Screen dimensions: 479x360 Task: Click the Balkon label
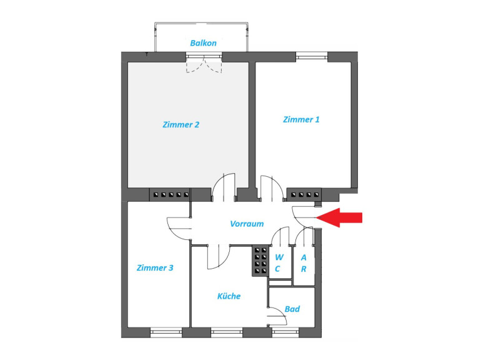pyautogui.click(x=203, y=43)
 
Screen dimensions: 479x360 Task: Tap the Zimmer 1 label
pyautogui.click(x=301, y=119)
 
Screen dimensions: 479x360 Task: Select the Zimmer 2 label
pyautogui.click(x=181, y=124)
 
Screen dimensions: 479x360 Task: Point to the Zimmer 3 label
pyautogui.click(x=155, y=268)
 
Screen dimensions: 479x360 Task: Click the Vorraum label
pyautogui.click(x=247, y=224)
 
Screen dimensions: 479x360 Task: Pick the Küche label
pyautogui.click(x=229, y=296)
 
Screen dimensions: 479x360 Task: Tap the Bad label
pyautogui.click(x=292, y=309)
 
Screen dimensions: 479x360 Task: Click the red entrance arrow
pyautogui.click(x=339, y=217)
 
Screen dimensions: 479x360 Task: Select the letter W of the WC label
pyautogui.click(x=279, y=257)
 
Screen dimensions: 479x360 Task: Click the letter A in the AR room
pyautogui.click(x=304, y=257)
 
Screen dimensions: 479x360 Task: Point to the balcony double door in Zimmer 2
pyautogui.click(x=204, y=64)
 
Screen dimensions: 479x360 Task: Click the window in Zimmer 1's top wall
pyautogui.click(x=312, y=56)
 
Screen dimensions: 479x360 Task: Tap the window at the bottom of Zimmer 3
pyautogui.click(x=166, y=332)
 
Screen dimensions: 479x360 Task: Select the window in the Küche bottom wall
pyautogui.click(x=226, y=332)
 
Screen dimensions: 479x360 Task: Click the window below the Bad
pyautogui.click(x=285, y=332)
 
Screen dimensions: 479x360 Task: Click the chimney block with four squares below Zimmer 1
pyautogui.click(x=305, y=194)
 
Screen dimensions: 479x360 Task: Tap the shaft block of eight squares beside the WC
pyautogui.click(x=260, y=261)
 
